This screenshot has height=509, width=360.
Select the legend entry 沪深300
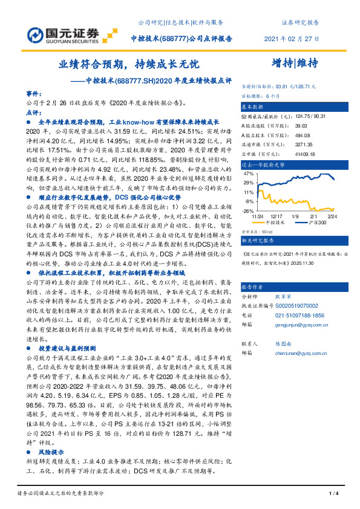(x=318, y=222)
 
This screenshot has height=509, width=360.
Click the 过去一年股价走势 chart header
(x=264, y=164)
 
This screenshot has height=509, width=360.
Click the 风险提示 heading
(x=51, y=452)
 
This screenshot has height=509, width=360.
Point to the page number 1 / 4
(x=332, y=494)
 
